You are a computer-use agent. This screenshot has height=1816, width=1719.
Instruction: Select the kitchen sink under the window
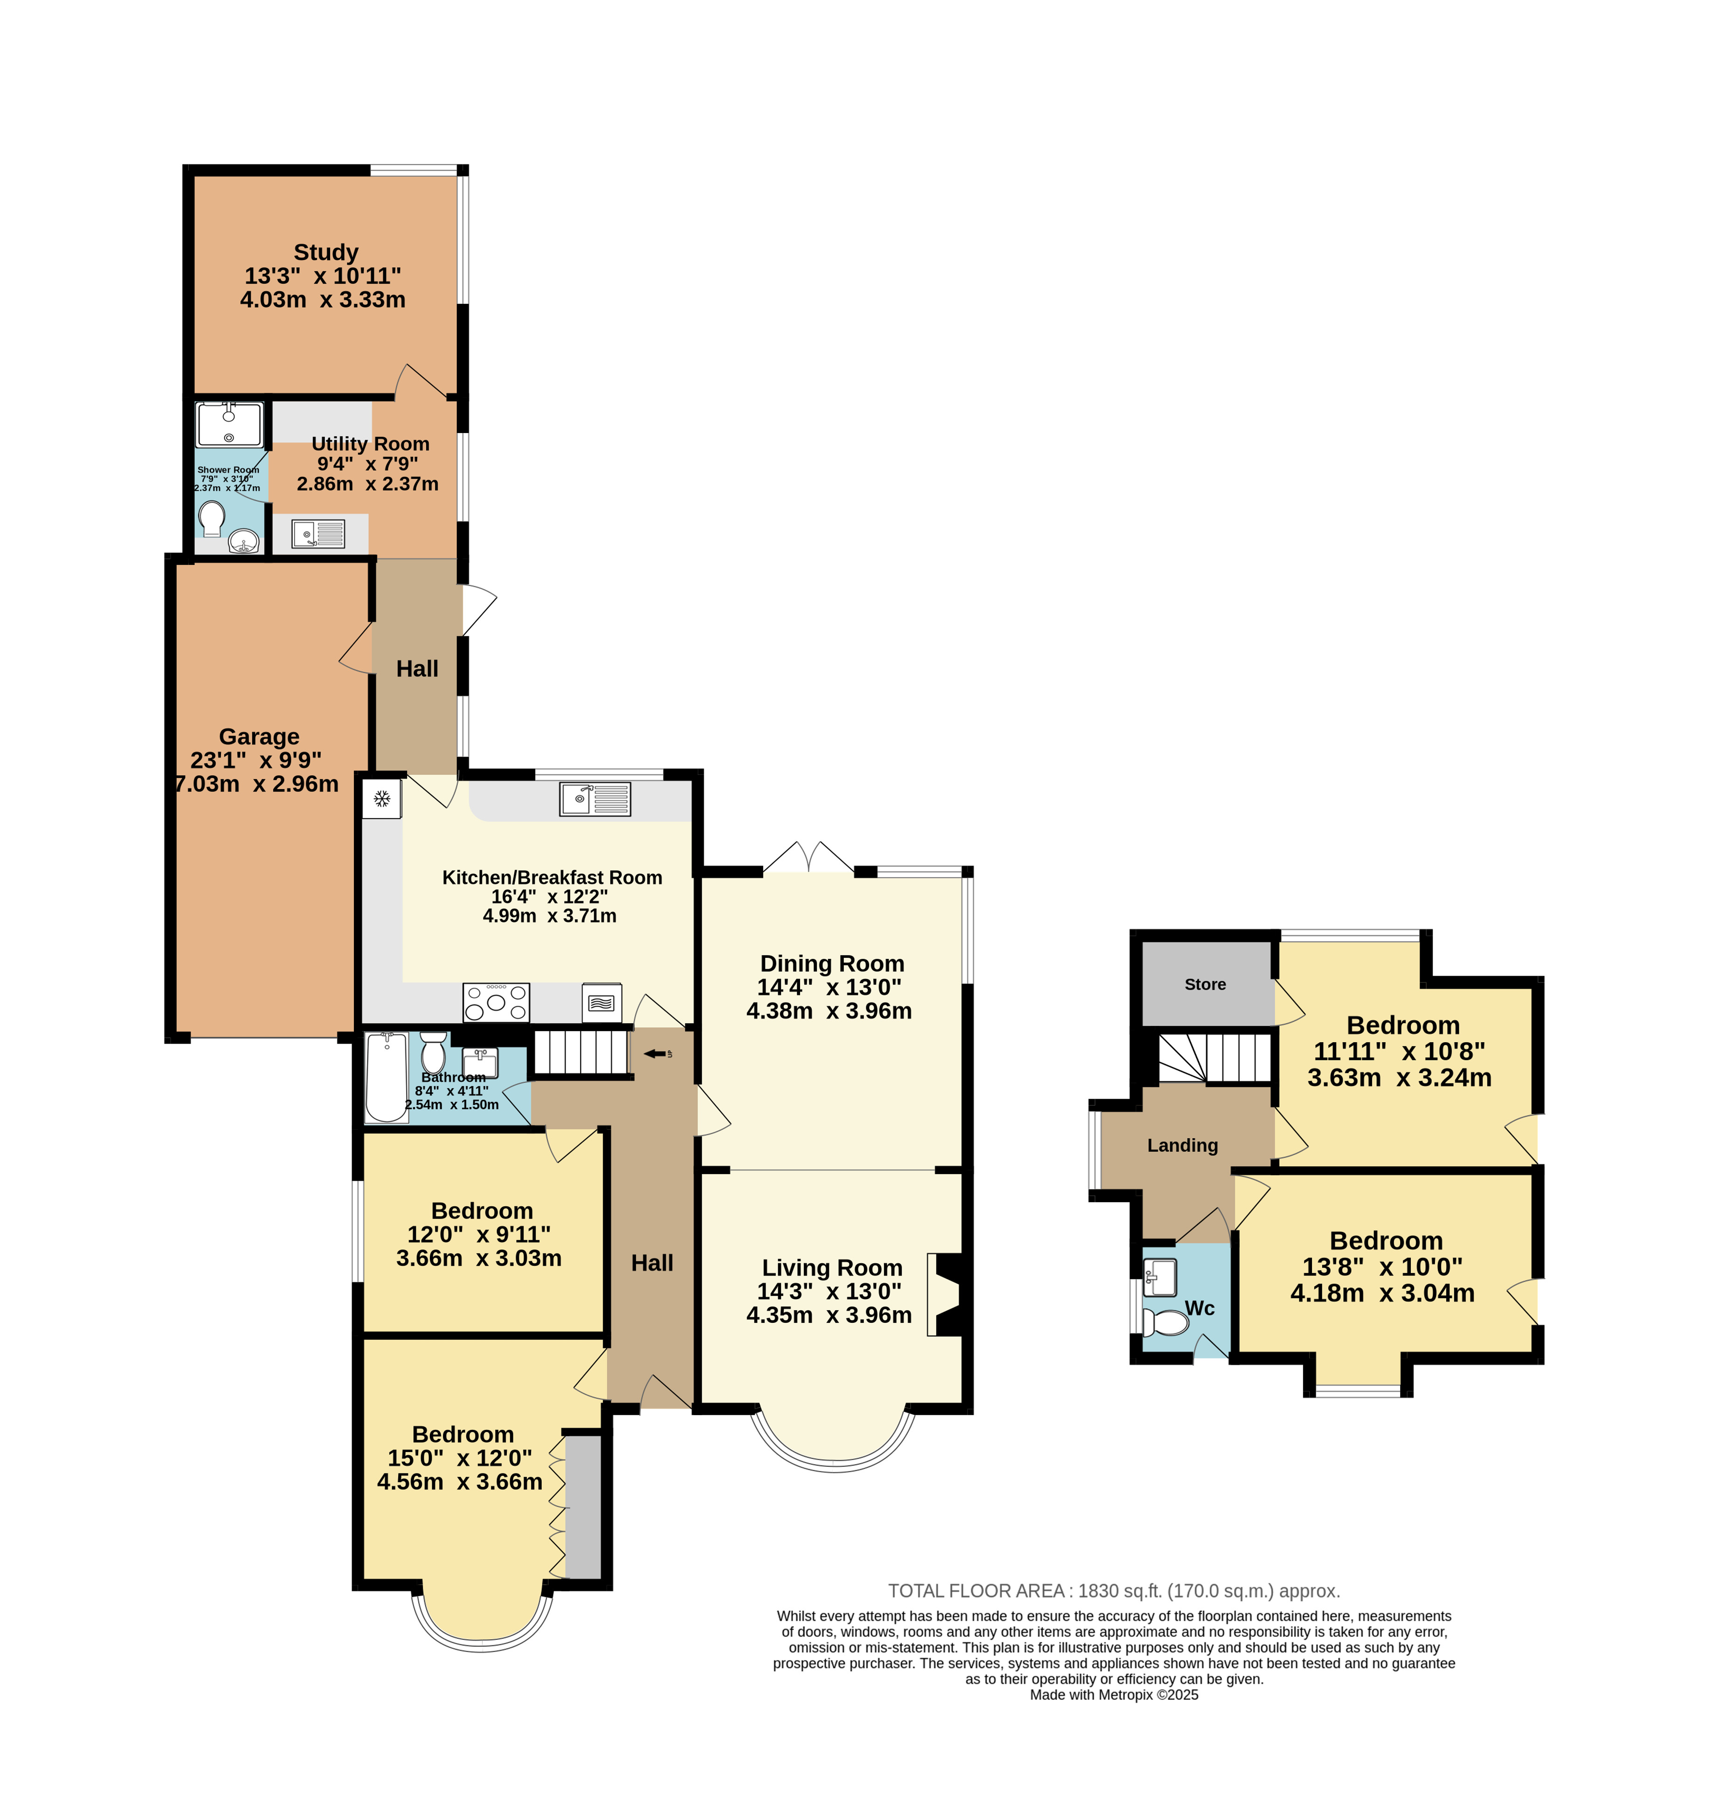595,798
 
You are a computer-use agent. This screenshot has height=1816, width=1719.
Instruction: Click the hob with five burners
496,1002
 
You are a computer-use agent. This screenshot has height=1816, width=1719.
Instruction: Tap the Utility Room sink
318,533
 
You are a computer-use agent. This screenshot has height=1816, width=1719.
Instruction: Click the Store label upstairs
1205,984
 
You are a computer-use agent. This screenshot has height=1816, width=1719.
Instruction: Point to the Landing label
1182,1145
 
